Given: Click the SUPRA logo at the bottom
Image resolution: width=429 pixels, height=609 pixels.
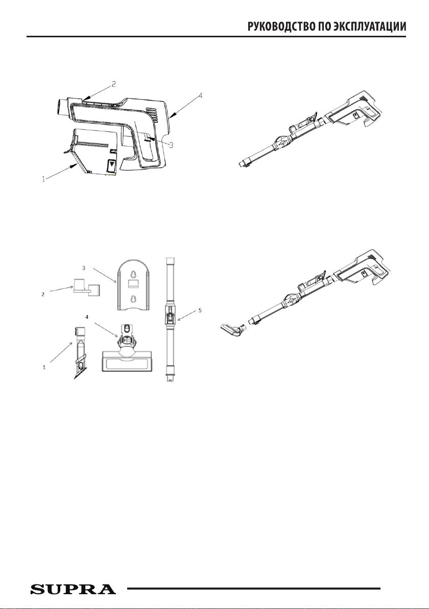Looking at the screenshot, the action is [x=73, y=589].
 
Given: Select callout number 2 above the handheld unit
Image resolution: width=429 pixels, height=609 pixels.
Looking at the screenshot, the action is [x=114, y=84].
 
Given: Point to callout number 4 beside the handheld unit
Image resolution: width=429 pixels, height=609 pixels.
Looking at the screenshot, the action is [x=200, y=95].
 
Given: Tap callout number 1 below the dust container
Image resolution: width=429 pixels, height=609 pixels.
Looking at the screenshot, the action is [x=44, y=179].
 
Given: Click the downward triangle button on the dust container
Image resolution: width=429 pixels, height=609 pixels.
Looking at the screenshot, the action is [x=112, y=165].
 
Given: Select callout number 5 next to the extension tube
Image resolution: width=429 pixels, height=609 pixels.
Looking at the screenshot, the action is [x=200, y=310].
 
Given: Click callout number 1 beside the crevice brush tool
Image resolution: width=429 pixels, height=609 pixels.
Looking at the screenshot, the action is [x=44, y=367].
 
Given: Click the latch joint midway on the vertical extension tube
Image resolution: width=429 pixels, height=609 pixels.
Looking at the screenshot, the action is [x=170, y=314].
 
